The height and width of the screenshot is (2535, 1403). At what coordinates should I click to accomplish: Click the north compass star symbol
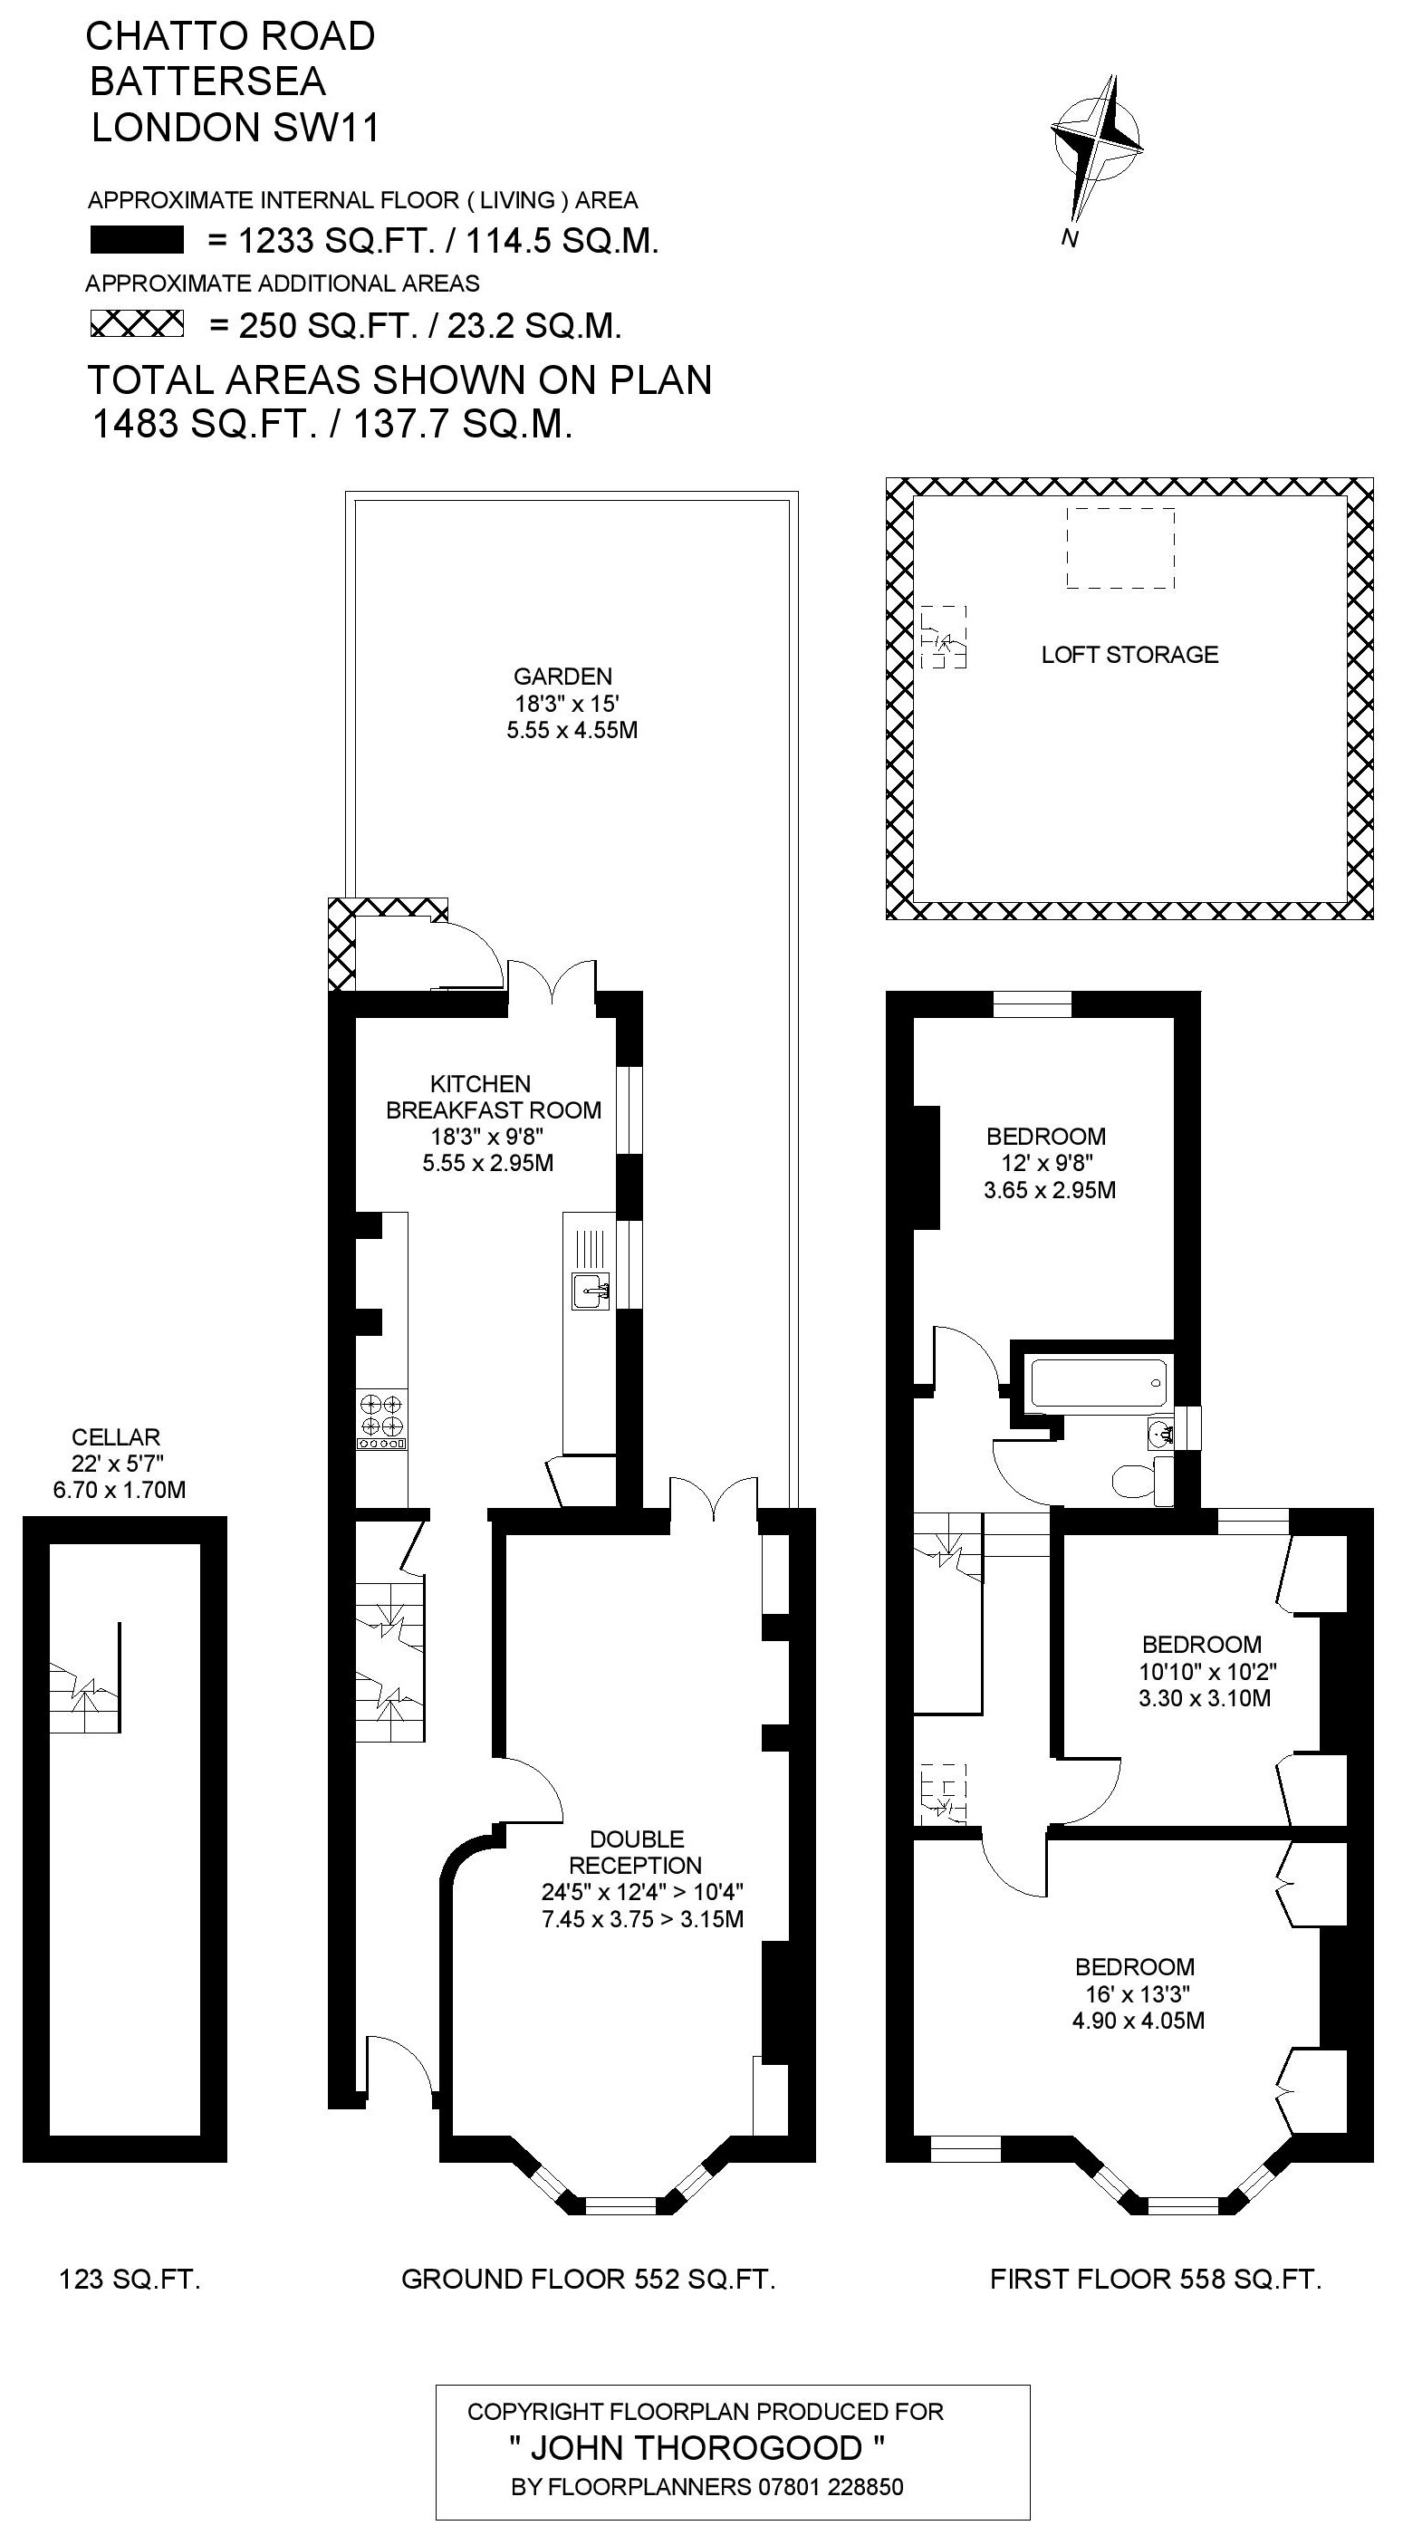[x=1096, y=148]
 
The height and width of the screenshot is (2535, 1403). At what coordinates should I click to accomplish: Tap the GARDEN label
[x=562, y=676]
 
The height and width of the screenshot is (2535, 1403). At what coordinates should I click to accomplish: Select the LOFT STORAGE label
[x=1129, y=655]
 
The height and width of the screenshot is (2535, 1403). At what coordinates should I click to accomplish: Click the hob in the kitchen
[x=381, y=1421]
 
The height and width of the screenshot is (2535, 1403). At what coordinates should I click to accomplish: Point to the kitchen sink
[x=591, y=1289]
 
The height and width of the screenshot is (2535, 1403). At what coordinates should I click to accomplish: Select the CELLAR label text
[x=116, y=1436]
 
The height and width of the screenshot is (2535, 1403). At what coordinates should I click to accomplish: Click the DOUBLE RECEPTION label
[x=636, y=1851]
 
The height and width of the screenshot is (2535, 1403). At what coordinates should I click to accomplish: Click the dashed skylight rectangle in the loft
[x=1120, y=548]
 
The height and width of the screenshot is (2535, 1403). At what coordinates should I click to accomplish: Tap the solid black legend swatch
[x=137, y=240]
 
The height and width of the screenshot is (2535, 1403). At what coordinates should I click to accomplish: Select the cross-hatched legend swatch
[x=137, y=323]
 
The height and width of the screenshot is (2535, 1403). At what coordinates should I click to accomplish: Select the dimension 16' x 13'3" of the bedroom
[x=1137, y=1993]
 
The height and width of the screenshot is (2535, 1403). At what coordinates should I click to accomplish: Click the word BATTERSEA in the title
[x=207, y=82]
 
